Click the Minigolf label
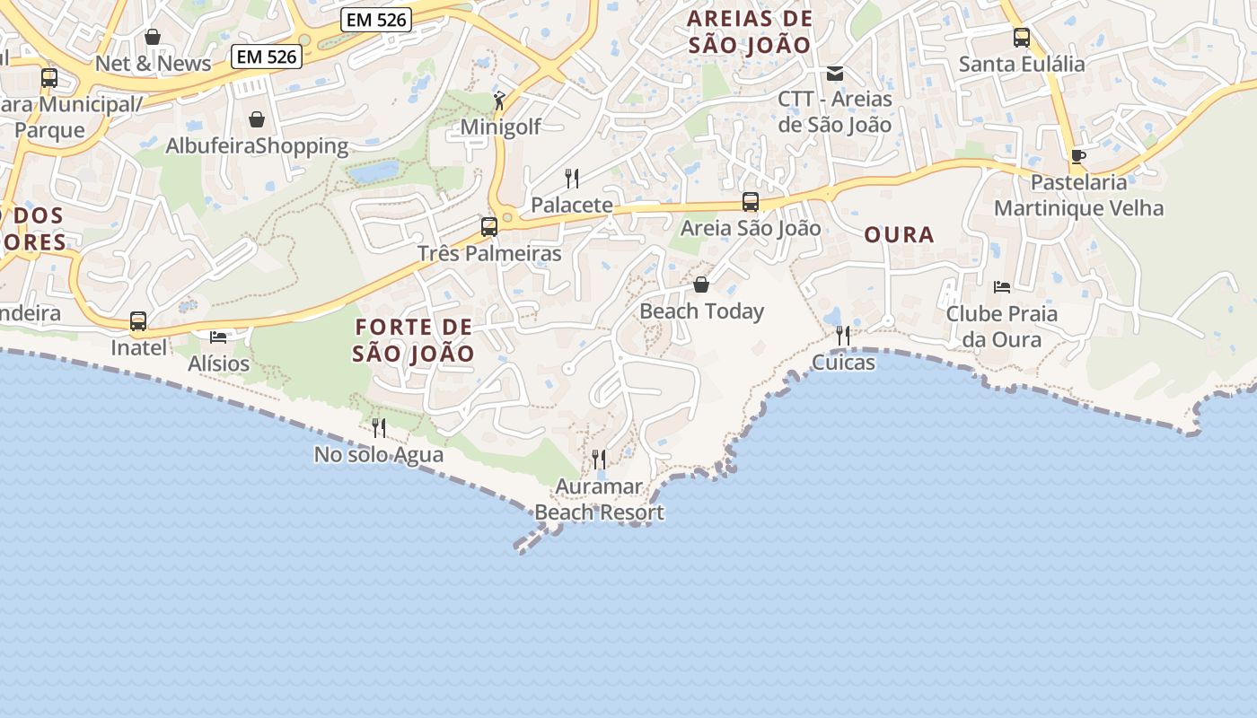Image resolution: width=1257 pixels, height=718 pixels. [500, 127]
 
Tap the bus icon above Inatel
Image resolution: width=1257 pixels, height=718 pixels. [138, 320]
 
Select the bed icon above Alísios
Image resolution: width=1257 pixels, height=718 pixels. [218, 337]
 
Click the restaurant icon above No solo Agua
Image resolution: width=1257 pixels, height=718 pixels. [379, 427]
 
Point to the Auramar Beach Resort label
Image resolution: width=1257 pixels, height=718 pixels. [599, 500]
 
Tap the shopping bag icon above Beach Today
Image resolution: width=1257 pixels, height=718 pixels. [701, 285]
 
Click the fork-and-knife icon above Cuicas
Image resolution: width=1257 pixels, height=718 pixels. [843, 336]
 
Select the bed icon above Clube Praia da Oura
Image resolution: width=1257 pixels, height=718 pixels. [1002, 287]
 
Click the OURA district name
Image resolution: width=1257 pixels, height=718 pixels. [899, 235]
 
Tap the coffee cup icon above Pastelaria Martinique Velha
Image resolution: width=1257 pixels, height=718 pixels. [1078, 156]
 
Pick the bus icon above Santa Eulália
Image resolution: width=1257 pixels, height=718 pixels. [1022, 38]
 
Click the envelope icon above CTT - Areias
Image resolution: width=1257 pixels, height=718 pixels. [835, 73]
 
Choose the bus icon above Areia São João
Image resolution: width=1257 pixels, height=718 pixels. [751, 202]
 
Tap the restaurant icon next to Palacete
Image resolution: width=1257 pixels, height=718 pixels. [571, 178]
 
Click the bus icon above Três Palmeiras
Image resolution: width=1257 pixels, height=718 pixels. [489, 226]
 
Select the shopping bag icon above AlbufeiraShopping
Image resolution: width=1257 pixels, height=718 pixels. [257, 119]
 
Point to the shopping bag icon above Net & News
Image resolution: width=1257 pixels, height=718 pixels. [153, 37]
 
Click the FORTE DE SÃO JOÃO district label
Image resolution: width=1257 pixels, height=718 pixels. [413, 339]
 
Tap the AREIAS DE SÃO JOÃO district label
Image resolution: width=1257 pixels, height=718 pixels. [750, 31]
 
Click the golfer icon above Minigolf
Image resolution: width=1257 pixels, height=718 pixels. [500, 101]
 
